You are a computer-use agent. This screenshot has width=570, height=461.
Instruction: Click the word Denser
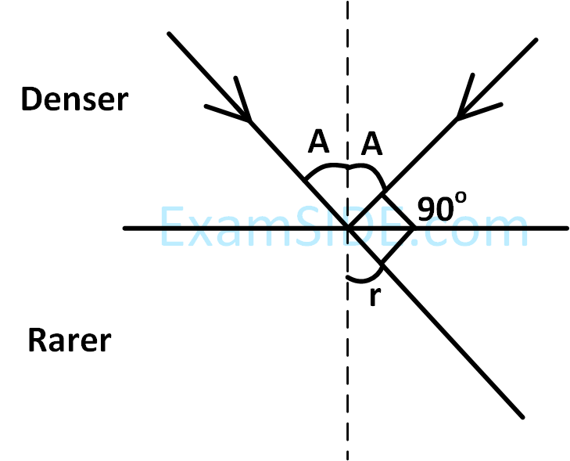pyautogui.click(x=74, y=99)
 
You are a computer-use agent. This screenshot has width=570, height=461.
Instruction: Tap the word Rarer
pyautogui.click(x=70, y=341)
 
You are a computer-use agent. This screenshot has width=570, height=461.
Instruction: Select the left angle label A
pyautogui.click(x=318, y=142)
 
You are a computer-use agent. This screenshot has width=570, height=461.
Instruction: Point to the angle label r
pyautogui.click(x=373, y=297)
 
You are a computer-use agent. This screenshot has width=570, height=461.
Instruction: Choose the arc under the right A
pyautogui.click(x=367, y=172)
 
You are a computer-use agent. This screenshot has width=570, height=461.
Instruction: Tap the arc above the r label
pyautogui.click(x=364, y=278)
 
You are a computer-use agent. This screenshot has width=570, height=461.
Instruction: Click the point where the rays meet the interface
pyautogui.click(x=348, y=229)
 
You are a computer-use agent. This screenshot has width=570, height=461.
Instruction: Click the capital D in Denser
pyautogui.click(x=31, y=99)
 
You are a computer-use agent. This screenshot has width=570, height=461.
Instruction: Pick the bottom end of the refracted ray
pyautogui.click(x=520, y=414)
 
